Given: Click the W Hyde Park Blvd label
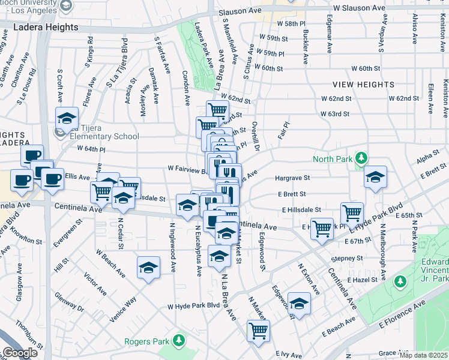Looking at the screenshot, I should (194, 305).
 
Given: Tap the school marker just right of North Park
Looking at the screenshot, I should (375, 176).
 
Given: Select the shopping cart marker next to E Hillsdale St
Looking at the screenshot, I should (352, 212).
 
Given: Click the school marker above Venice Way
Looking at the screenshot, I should (148, 268).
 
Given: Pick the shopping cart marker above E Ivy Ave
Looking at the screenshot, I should (258, 329).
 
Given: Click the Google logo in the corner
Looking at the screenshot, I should (19, 353).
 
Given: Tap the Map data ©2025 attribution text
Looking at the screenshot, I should (423, 355).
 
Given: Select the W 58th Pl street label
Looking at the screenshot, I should (291, 23).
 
